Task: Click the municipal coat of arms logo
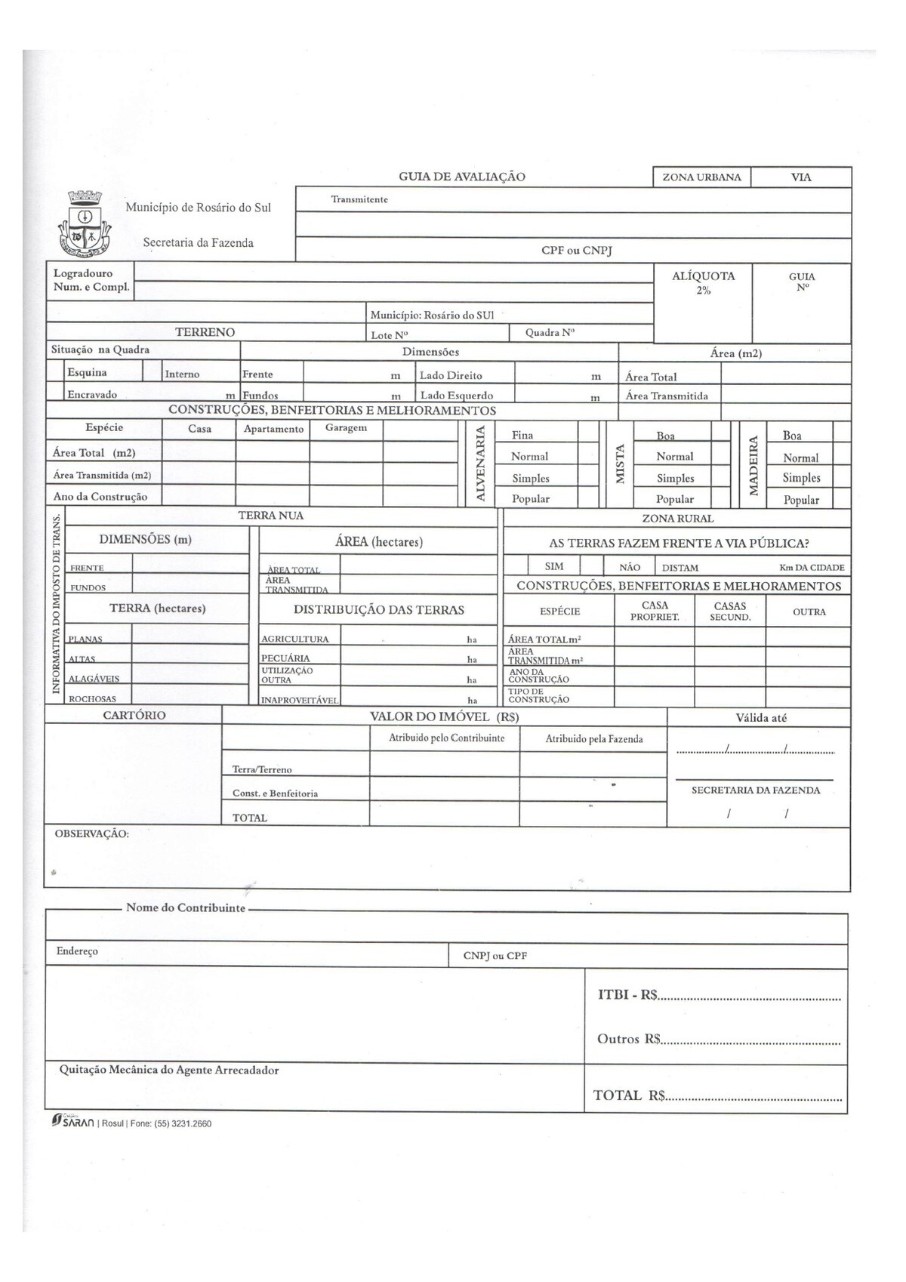click(x=84, y=222)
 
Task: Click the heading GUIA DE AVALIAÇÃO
click(x=461, y=177)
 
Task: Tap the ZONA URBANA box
click(x=701, y=177)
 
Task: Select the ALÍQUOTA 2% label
click(x=703, y=282)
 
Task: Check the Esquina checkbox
click(x=55, y=371)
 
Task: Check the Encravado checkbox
click(x=55, y=392)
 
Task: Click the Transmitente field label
click(x=359, y=199)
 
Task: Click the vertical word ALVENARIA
click(x=479, y=464)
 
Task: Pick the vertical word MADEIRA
click(x=752, y=465)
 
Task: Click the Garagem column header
click(x=346, y=428)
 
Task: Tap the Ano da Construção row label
click(x=100, y=497)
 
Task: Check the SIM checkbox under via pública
click(x=516, y=566)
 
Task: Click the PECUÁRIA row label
click(x=285, y=658)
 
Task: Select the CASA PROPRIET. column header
click(x=655, y=611)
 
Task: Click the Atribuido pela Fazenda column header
click(x=594, y=739)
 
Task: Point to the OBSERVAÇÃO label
click(x=91, y=834)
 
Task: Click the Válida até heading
click(x=760, y=718)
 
